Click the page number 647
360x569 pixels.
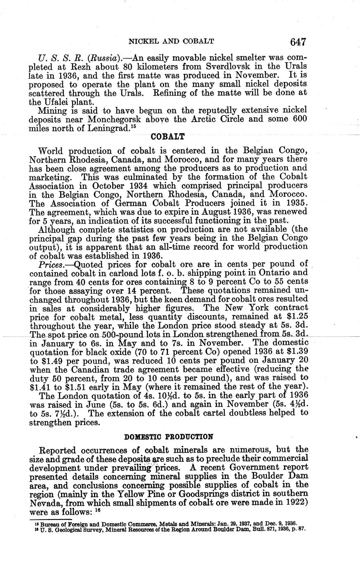tap(297, 42)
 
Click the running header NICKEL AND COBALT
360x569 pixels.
tap(171, 42)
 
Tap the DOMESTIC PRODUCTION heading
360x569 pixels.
tap(168, 437)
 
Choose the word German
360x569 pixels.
tap(118, 203)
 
